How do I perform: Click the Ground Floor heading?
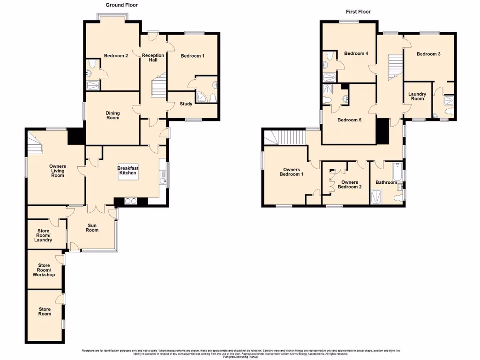[x=121, y=5]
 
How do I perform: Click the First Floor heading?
[x=358, y=12]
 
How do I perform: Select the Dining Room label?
[x=112, y=115]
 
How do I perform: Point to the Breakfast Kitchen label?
[x=127, y=170]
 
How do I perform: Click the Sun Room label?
[x=92, y=227]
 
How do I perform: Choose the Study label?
[x=186, y=104]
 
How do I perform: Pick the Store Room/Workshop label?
[x=44, y=270]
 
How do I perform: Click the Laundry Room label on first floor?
[x=417, y=96]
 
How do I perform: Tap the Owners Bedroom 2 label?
[x=350, y=185]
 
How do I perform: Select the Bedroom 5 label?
[x=350, y=120]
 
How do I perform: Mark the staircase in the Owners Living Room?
[x=35, y=141]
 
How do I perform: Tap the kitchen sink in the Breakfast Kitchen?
[x=162, y=181]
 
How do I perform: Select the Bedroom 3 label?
[x=428, y=54]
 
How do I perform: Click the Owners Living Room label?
[x=58, y=171]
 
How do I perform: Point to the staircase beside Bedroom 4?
[x=395, y=66]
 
